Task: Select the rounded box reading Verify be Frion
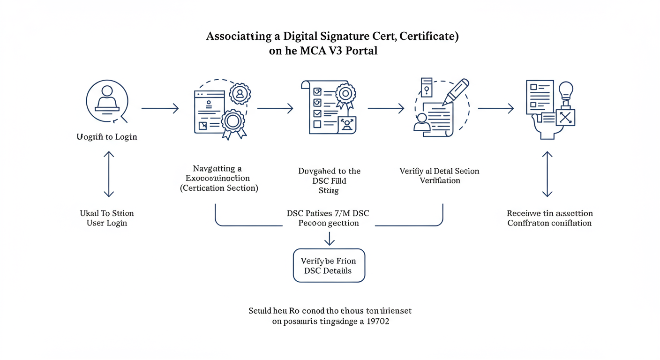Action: point(329,265)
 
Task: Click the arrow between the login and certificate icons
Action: point(160,109)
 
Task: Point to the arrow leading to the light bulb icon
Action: point(495,109)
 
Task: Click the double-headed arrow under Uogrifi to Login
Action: point(109,173)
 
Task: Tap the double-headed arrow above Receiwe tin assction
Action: point(547,173)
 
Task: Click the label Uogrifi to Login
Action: point(107,137)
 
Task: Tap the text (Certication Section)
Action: point(219,188)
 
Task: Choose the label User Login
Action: point(107,223)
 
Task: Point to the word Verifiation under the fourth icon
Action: point(440,180)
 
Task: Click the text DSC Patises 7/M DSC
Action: point(328,213)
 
